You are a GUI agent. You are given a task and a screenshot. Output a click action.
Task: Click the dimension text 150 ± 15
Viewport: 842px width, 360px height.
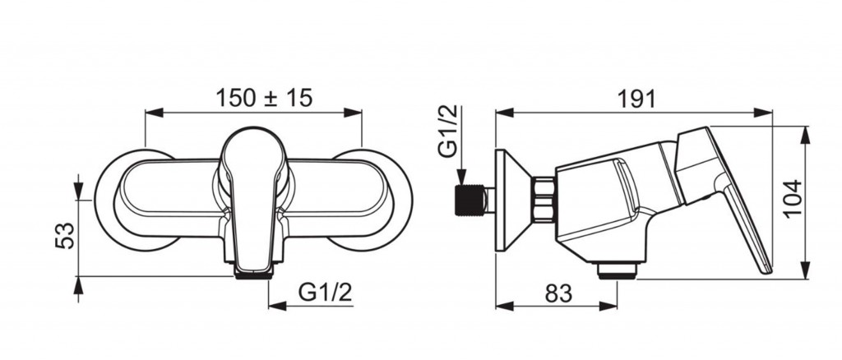click(x=264, y=98)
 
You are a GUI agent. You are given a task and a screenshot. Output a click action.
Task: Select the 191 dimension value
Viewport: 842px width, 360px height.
click(x=636, y=99)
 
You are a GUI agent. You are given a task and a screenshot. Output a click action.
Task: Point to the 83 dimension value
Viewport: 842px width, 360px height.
click(x=558, y=293)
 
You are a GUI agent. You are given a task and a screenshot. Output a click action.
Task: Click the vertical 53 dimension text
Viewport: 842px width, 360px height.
click(x=65, y=235)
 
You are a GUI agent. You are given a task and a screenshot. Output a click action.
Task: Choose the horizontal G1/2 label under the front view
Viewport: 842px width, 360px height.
click(x=326, y=293)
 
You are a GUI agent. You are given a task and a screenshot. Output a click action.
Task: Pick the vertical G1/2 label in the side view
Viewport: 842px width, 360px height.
click(x=448, y=131)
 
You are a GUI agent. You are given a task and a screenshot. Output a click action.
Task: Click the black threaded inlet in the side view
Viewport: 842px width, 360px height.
click(x=469, y=201)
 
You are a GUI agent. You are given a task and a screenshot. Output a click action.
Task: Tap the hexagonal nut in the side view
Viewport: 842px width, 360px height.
click(x=544, y=199)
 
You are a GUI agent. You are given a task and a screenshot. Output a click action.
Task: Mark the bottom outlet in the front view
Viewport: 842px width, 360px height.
click(x=253, y=274)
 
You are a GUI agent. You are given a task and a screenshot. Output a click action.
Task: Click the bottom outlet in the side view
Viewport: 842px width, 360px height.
click(x=618, y=271)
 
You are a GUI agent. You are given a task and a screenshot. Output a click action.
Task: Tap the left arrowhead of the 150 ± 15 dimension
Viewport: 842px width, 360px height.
click(x=154, y=113)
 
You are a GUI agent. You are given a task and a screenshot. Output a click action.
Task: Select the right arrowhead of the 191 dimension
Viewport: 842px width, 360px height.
click(x=763, y=113)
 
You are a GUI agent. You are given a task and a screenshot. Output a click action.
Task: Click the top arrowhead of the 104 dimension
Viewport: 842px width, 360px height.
click(x=804, y=135)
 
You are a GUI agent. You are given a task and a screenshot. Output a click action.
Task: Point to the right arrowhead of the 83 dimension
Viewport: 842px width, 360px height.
click(x=608, y=306)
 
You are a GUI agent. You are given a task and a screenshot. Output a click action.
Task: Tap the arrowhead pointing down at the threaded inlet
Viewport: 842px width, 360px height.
click(x=461, y=177)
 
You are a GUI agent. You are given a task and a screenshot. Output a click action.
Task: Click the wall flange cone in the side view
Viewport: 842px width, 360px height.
click(x=513, y=200)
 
